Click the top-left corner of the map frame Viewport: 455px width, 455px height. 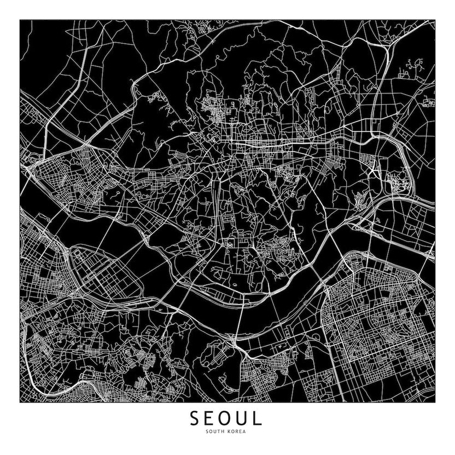20,20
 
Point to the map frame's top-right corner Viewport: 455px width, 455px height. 435,20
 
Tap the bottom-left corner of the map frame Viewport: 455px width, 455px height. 20,402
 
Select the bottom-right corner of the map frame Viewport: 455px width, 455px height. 435,402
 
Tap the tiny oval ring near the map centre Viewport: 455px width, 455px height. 235,285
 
